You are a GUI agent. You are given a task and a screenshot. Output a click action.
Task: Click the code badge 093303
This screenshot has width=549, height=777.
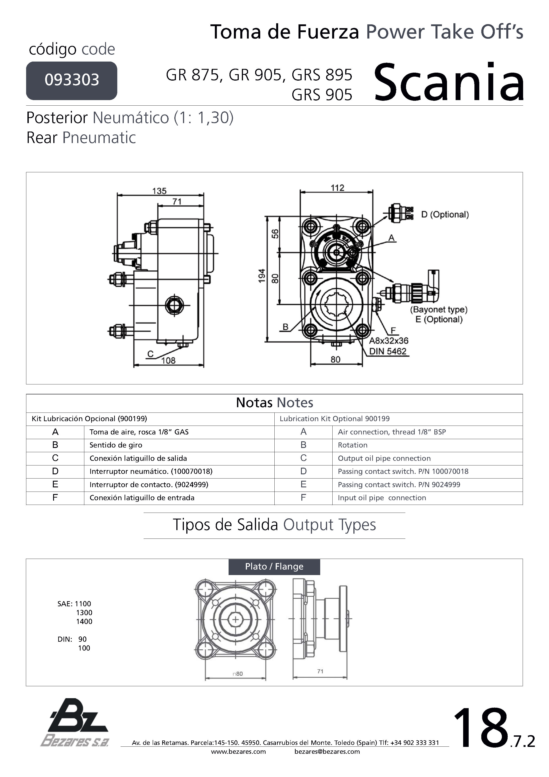[x=72, y=80]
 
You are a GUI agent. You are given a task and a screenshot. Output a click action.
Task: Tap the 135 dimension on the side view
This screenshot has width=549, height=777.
[x=159, y=191]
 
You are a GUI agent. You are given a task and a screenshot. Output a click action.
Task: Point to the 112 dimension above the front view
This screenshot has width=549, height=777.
[x=337, y=188]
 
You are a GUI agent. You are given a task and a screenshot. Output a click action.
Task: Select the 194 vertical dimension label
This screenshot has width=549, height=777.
[x=262, y=276]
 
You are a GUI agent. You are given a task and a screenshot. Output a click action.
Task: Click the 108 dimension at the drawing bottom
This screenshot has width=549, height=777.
[x=168, y=361]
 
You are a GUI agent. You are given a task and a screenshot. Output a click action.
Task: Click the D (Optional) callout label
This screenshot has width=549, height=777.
[x=445, y=215]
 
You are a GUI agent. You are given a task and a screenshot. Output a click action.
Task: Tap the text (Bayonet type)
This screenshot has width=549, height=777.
[x=439, y=310]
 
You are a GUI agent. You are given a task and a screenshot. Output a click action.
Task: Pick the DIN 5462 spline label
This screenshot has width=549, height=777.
[x=388, y=351]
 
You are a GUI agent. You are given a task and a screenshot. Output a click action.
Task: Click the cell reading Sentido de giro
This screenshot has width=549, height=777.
[x=116, y=445]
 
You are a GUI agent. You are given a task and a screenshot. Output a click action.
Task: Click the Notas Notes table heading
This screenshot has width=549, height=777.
[x=274, y=403]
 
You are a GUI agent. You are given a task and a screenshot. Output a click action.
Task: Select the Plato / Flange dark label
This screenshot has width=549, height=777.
[x=274, y=566]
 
